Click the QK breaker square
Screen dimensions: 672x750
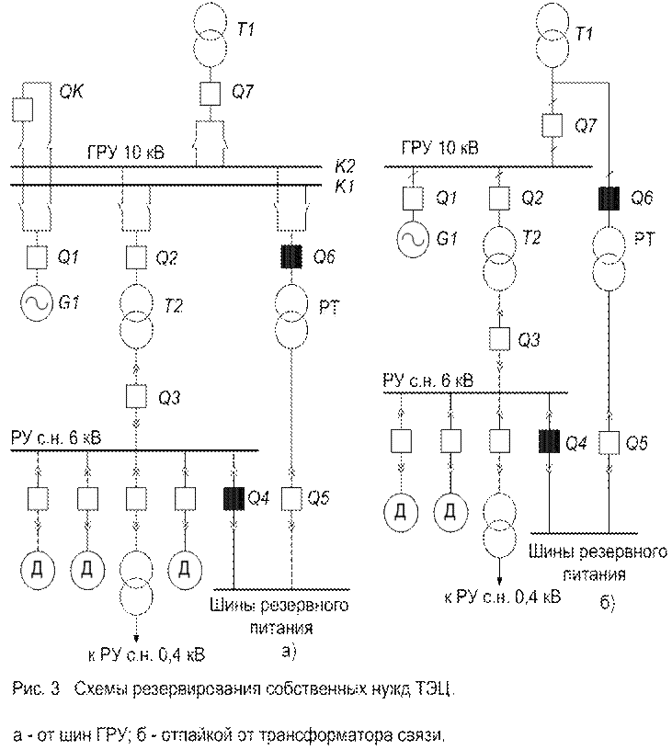[22, 109]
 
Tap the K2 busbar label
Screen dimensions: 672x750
[345, 167]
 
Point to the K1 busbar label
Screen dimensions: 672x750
[345, 186]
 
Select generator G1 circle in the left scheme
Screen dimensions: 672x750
[37, 302]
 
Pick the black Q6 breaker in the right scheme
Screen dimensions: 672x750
[609, 199]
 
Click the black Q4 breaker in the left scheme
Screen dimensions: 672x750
[233, 498]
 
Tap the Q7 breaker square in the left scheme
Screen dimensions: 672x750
[210, 94]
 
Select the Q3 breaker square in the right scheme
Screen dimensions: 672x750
[499, 339]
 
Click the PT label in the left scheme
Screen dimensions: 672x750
[329, 307]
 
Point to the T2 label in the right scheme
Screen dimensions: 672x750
[530, 237]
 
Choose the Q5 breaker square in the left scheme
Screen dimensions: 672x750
[291, 498]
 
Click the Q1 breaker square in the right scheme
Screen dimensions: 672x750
[413, 199]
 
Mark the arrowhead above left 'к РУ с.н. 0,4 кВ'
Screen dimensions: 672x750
[136, 638]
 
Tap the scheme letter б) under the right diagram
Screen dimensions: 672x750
[608, 603]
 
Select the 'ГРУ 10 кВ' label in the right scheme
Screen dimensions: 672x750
[439, 148]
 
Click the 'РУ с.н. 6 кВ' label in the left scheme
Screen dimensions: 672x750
[56, 438]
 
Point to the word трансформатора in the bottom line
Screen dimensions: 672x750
[303, 735]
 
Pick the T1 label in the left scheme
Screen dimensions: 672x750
[245, 29]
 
